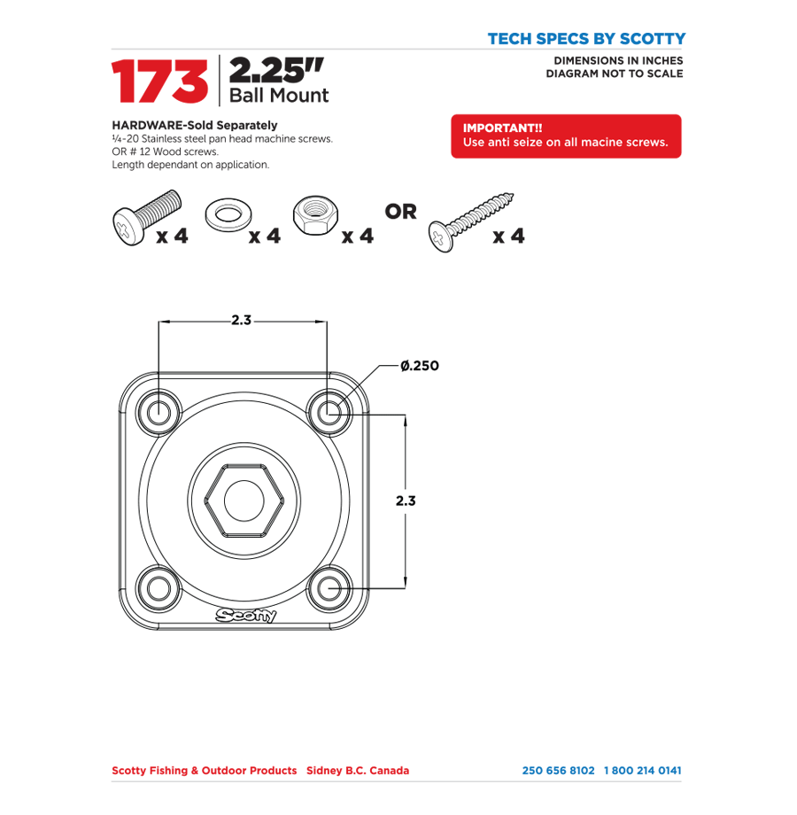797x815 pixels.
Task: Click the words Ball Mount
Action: (279, 96)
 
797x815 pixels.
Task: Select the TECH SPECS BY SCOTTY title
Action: (585, 39)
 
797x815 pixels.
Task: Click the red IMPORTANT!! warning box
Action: (566, 136)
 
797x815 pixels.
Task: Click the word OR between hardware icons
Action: (400, 213)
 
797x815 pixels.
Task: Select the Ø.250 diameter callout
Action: (419, 365)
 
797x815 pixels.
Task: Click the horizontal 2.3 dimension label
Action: (241, 321)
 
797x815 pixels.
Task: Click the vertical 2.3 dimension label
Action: (406, 501)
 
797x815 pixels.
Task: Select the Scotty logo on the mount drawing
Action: (245, 616)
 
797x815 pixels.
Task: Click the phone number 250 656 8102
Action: (559, 771)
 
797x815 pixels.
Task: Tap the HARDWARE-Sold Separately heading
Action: (194, 125)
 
